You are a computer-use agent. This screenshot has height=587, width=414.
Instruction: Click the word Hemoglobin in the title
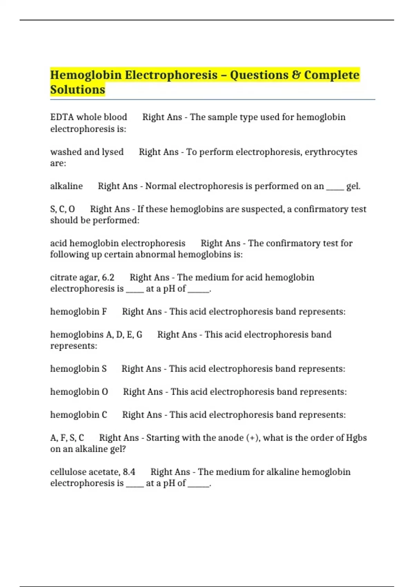point(86,75)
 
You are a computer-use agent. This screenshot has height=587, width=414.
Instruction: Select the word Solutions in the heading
point(78,90)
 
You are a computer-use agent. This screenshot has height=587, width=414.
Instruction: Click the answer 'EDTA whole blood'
point(89,117)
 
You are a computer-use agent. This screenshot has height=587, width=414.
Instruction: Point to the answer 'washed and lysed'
point(87,152)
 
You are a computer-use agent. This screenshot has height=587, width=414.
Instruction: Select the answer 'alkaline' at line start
point(67,186)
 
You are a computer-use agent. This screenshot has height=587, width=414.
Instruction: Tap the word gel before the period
point(352,186)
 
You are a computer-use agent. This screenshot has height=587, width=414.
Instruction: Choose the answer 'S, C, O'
point(62,209)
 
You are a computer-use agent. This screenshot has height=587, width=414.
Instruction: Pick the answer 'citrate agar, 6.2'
point(82,278)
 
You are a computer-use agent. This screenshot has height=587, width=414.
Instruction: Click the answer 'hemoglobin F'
point(79,312)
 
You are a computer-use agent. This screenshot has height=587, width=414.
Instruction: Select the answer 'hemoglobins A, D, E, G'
point(96,335)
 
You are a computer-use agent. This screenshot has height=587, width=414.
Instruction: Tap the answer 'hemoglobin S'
point(78,369)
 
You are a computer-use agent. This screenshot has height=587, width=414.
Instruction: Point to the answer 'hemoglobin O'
point(79,392)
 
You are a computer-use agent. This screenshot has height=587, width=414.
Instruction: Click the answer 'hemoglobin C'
point(79,415)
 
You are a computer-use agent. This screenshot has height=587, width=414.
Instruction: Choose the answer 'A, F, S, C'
point(67,438)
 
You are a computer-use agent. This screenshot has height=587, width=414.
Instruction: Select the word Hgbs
point(356,438)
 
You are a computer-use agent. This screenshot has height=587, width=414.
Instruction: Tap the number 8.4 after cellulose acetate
point(129,472)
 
